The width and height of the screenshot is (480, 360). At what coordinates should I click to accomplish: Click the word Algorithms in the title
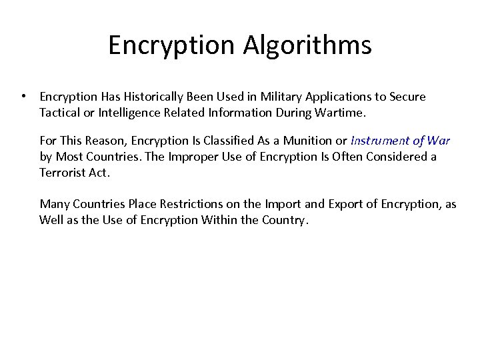[307, 46]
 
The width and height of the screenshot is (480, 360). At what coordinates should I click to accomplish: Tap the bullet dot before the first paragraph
[24, 96]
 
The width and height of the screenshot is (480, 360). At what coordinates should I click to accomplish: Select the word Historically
[153, 97]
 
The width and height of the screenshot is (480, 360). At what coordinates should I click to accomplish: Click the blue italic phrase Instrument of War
[400, 141]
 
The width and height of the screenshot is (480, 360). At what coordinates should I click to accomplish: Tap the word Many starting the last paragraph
[55, 204]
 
